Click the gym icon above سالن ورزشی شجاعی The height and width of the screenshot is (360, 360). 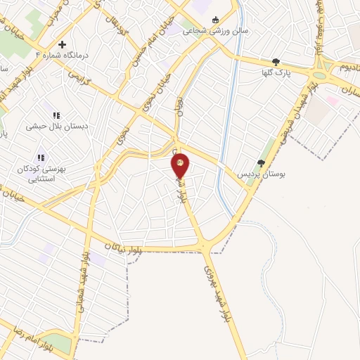(x=215, y=20)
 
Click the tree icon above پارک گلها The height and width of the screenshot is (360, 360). (x=276, y=62)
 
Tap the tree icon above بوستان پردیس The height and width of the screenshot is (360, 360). (x=261, y=162)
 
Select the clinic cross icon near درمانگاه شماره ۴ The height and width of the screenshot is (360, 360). (x=62, y=44)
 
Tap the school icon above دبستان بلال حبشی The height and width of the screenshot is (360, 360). (x=56, y=115)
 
